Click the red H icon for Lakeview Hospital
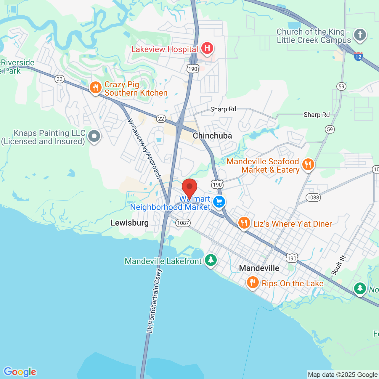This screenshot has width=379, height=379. [x=207, y=48]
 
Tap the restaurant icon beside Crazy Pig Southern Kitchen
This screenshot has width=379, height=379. [x=95, y=88]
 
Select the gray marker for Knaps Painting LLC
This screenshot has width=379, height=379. [x=94, y=136]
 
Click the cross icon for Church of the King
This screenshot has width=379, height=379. [x=360, y=35]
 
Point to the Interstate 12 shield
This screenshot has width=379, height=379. [x=358, y=56]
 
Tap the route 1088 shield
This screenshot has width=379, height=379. [x=313, y=197]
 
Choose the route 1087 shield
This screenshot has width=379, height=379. [x=183, y=223]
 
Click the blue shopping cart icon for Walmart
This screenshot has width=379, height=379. [x=219, y=202]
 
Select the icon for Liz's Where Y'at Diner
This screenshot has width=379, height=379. [x=244, y=223]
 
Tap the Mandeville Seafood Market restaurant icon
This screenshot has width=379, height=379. [x=308, y=164]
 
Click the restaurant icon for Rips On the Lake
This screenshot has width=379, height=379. [x=253, y=282]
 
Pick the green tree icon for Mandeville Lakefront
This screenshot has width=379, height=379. [x=211, y=260]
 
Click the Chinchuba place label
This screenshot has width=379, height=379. [x=212, y=136]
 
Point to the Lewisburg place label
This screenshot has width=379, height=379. [x=129, y=223]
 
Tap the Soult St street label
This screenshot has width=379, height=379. [x=338, y=265]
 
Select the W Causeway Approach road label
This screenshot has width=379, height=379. [x=144, y=149]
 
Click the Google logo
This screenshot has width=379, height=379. [x=20, y=372]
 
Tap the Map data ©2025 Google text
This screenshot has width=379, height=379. [x=343, y=375]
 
